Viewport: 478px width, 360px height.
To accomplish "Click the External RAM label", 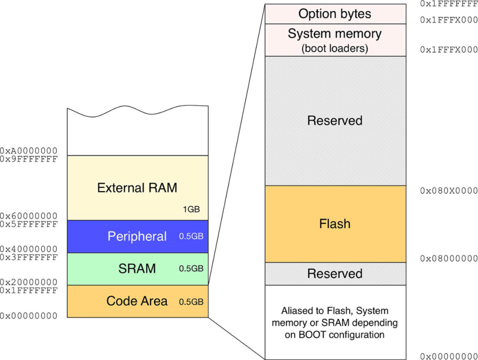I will (x=137, y=188).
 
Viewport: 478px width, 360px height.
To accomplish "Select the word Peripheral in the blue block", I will (x=137, y=236).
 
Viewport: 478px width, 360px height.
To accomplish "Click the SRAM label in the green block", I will (x=137, y=269).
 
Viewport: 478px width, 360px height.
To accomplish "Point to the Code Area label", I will (x=137, y=301).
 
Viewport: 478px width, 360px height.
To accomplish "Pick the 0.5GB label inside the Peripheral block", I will (x=191, y=237).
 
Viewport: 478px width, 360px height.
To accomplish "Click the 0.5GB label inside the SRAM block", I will (x=191, y=269).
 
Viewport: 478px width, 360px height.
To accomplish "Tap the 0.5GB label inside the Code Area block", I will (x=191, y=301).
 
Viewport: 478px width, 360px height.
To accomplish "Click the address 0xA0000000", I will (x=29, y=151).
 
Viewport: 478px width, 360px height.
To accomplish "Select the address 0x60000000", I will (x=29, y=216).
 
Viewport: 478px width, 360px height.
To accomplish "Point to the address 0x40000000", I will (x=29, y=249).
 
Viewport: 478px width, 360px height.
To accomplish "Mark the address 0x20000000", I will (x=29, y=282).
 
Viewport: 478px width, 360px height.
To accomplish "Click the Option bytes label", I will (x=335, y=13).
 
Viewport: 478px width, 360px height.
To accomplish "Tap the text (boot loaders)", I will (x=335, y=48).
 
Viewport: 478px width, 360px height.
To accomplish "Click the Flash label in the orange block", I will (x=335, y=224).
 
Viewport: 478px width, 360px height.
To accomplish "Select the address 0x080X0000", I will (x=448, y=191).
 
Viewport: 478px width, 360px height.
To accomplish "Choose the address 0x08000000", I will (x=448, y=258).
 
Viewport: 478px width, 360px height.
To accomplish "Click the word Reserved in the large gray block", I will (x=335, y=121).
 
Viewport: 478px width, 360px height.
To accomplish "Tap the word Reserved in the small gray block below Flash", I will (x=335, y=274).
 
